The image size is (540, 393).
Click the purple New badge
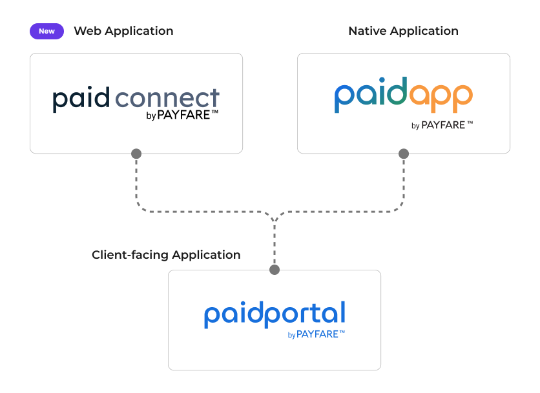[47, 31]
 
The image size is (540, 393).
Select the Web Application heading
[123, 31]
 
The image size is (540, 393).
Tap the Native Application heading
[403, 31]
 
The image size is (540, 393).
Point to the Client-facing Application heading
[166, 255]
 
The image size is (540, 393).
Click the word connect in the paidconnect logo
[167, 99]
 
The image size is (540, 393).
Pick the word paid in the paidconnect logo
[81, 99]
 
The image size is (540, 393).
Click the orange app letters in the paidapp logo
[439, 97]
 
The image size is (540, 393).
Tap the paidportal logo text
[275, 314]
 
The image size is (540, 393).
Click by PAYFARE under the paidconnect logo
[182, 116]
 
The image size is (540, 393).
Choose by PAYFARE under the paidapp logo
[442, 125]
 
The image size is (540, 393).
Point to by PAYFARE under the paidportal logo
[316, 334]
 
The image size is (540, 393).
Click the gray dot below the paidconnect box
[136, 154]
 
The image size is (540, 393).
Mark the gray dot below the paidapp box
[404, 154]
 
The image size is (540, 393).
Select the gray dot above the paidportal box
[275, 270]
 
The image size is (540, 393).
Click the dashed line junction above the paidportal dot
[275, 218]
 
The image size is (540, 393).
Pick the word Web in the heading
[87, 31]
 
